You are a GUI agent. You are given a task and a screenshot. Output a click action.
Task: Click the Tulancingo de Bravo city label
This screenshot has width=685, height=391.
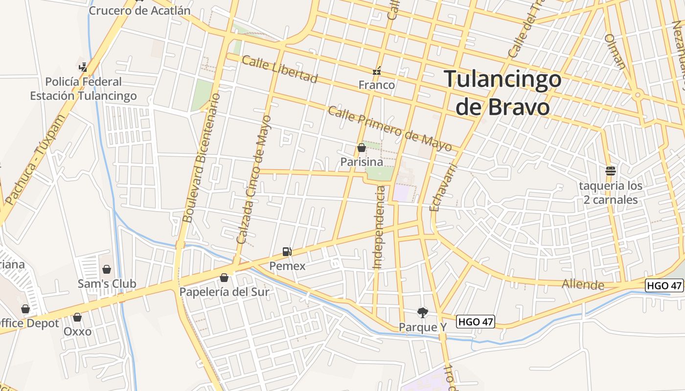click(502, 93)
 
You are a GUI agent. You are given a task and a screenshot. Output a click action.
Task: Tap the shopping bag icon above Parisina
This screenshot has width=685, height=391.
click(362, 148)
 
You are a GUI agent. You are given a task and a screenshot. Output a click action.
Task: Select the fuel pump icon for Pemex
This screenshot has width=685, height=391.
click(287, 252)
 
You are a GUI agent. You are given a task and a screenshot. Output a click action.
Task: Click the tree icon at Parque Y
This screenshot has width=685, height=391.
click(422, 312)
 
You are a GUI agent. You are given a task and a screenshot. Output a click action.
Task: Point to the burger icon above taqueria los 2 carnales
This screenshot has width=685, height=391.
click(611, 171)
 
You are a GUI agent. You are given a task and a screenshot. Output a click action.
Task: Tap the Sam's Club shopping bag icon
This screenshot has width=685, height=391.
click(107, 269)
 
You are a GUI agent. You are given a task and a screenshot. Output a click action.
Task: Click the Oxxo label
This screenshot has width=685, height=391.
click(77, 331)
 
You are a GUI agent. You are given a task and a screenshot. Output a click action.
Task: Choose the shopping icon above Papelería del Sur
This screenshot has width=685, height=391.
click(224, 278)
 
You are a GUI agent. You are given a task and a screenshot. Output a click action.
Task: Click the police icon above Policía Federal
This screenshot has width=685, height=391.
click(83, 66)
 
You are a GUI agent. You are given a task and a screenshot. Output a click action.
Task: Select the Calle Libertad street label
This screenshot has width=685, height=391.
click(279, 69)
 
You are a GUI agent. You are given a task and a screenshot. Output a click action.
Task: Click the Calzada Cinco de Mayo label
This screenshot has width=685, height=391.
click(253, 180)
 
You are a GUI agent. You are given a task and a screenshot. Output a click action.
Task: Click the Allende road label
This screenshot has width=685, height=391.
click(583, 284)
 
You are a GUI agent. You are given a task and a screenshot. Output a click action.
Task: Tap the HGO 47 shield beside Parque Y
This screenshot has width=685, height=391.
click(476, 322)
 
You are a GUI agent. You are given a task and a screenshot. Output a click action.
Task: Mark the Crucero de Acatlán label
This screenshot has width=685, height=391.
click(139, 10)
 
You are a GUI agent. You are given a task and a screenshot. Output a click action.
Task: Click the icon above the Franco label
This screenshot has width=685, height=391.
click(377, 71)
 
